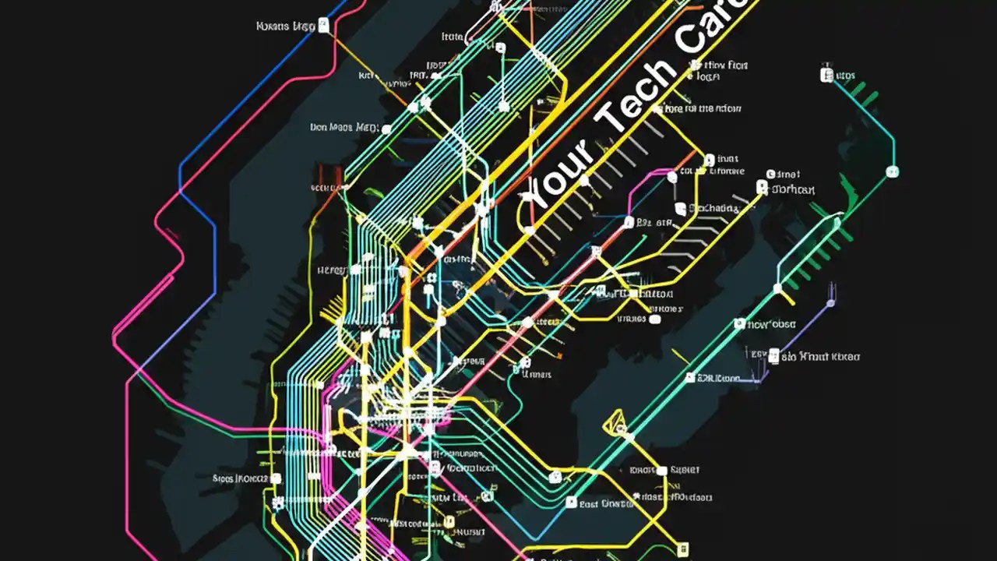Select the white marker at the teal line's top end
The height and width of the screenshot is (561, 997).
pyautogui.click(x=826, y=75)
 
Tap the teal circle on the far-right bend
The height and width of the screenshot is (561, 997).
pyautogui.click(x=893, y=171)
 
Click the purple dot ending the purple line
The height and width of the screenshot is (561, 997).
pyautogui.click(x=830, y=302)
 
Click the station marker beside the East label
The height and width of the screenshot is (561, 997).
pyautogui.click(x=571, y=503)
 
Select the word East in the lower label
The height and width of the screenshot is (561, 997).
pyautogui.click(x=593, y=504)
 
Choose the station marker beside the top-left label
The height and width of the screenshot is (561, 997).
pyautogui.click(x=323, y=26)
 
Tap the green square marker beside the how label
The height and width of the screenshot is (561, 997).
pyautogui.click(x=741, y=323)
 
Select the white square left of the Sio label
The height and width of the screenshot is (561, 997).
pyautogui.click(x=773, y=356)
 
